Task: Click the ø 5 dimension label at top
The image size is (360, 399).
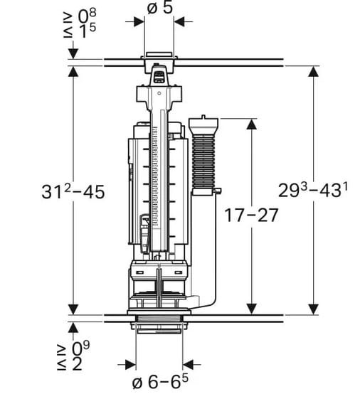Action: tap(160, 7)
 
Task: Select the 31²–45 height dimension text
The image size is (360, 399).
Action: tap(73, 191)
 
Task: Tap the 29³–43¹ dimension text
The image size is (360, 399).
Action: tap(313, 190)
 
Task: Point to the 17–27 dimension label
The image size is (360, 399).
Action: tap(251, 216)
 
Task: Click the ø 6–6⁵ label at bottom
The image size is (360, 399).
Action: tap(160, 382)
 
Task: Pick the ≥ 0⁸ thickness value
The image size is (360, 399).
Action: tap(80, 16)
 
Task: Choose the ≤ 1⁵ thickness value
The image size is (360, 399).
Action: tap(80, 32)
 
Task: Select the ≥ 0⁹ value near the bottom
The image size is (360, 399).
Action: tap(73, 349)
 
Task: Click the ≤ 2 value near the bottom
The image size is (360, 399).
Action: tap(70, 364)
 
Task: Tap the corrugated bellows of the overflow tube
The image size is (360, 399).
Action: tap(203, 162)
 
